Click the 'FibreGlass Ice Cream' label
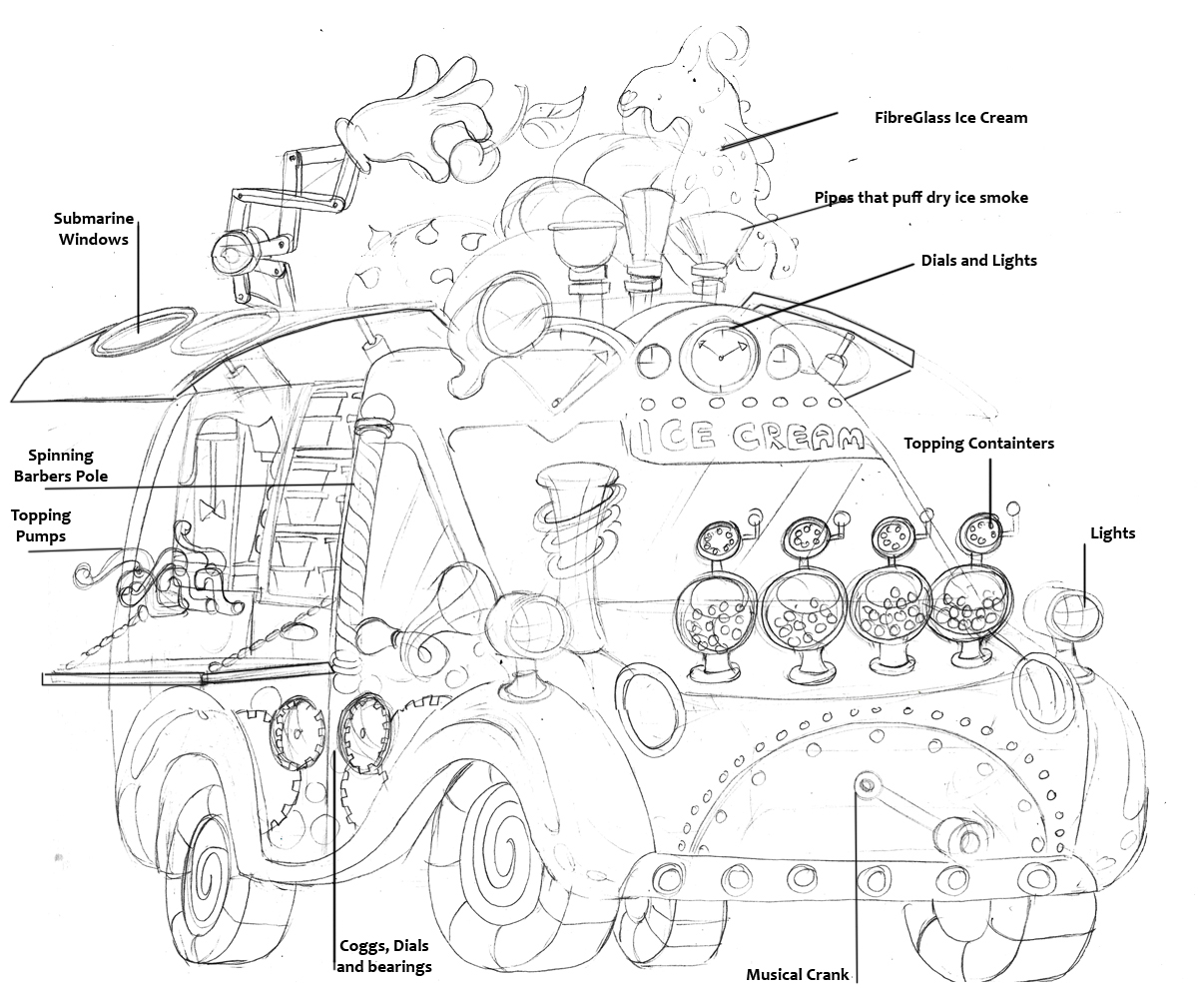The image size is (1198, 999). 950,118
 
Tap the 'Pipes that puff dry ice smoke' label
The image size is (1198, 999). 920,198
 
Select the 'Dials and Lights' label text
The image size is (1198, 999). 978,261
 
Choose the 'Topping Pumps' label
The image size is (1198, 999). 41,526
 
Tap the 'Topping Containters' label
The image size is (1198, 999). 978,444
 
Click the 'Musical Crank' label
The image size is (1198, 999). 798,974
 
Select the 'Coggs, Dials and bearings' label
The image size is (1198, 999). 384,956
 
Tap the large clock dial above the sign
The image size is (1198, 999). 719,356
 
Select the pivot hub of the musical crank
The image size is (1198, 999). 866,780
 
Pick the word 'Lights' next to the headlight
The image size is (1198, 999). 1112,533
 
